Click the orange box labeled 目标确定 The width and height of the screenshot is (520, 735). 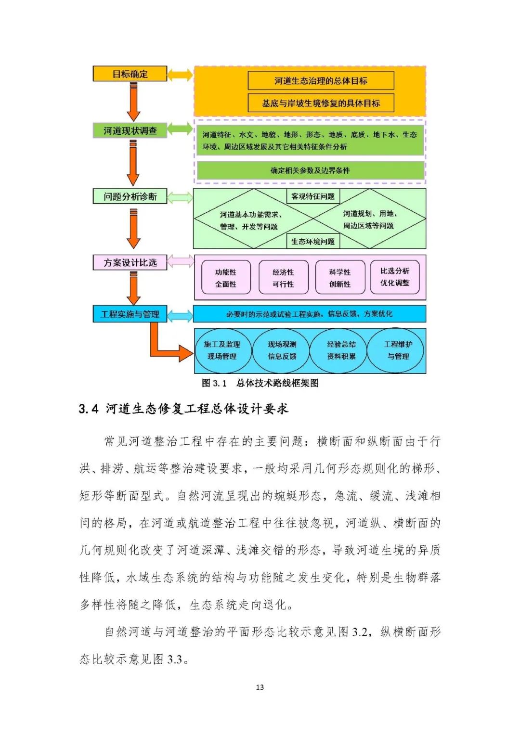(130, 74)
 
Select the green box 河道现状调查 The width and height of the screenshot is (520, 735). (130, 130)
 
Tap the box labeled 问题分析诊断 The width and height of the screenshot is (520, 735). (130, 196)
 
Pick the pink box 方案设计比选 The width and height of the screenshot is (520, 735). (130, 262)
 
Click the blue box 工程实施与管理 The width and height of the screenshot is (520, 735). (130, 314)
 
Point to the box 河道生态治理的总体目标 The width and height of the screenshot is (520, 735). (321, 81)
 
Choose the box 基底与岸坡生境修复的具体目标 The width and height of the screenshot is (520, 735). (321, 103)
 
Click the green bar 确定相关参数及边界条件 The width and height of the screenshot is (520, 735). (310, 170)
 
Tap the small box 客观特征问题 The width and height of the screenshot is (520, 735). (313, 196)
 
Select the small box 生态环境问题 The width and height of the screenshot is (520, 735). (313, 241)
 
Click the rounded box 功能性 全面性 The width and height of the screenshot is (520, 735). (226, 277)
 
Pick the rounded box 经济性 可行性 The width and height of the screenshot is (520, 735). (283, 277)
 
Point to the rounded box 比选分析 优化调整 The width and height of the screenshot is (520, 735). (395, 277)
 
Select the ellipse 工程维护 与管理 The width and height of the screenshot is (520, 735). (397, 350)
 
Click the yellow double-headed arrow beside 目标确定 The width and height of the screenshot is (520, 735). (180, 75)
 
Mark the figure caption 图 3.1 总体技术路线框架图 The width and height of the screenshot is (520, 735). (260, 383)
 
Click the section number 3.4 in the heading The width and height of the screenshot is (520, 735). (89, 410)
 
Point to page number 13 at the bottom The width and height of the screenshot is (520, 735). (260, 687)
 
